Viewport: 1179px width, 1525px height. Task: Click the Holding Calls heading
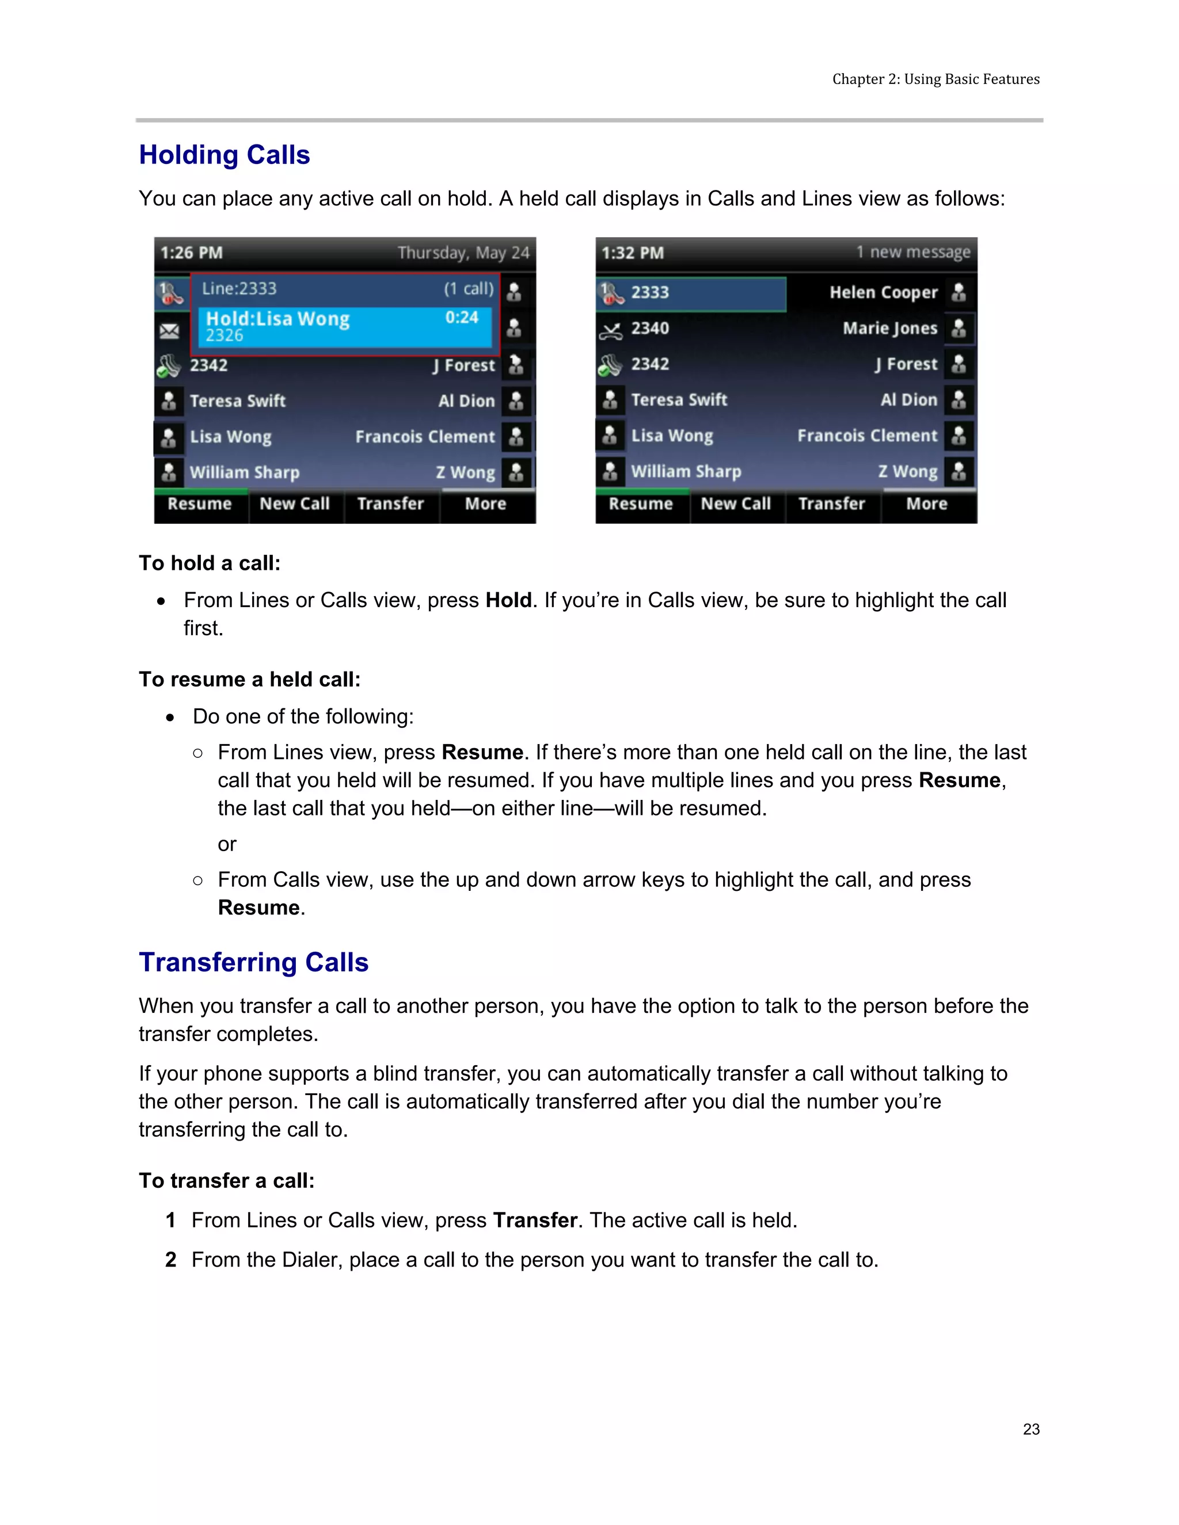pos(224,155)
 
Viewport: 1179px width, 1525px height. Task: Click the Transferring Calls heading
pos(253,962)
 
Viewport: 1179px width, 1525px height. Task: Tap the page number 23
pos(1031,1429)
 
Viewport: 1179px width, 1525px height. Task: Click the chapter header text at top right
pos(935,79)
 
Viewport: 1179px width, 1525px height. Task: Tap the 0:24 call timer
pos(462,318)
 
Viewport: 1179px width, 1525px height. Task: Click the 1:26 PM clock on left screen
pos(191,253)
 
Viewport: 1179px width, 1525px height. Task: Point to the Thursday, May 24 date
pos(463,253)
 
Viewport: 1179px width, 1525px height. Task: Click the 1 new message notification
pos(913,252)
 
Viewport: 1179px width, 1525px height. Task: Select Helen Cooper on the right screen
pos(883,292)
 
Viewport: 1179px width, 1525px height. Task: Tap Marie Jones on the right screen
pos(889,328)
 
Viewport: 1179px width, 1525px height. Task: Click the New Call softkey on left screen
pos(294,504)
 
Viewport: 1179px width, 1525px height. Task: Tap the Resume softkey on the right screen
pos(641,504)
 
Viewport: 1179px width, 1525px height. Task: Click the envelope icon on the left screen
pos(169,330)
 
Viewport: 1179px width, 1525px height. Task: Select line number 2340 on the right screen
pos(649,328)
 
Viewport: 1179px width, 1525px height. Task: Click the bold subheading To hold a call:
pos(210,563)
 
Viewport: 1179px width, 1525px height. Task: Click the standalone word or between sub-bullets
pos(227,844)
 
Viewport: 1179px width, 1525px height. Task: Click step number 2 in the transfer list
pos(170,1260)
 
